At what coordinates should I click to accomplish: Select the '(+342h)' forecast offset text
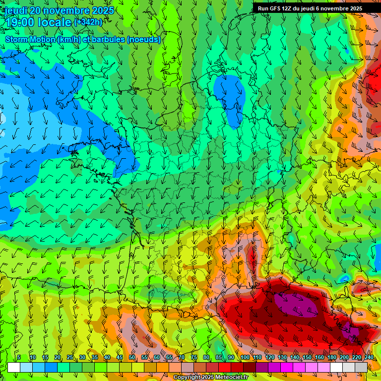point(88,22)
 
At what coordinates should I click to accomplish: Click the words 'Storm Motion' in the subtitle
point(30,40)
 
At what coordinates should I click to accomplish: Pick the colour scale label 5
point(19,358)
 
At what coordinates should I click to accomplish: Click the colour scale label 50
point(132,358)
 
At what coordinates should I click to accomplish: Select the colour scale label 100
point(245,358)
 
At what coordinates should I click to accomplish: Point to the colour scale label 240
point(369,358)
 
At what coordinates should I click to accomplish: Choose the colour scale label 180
point(331,358)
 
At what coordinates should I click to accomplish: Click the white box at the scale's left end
point(14,367)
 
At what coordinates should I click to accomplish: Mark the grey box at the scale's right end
point(361,367)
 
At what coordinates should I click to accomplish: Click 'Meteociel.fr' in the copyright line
point(231,378)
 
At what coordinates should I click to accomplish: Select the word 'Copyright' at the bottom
point(187,378)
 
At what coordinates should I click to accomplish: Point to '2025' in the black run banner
point(353,8)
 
